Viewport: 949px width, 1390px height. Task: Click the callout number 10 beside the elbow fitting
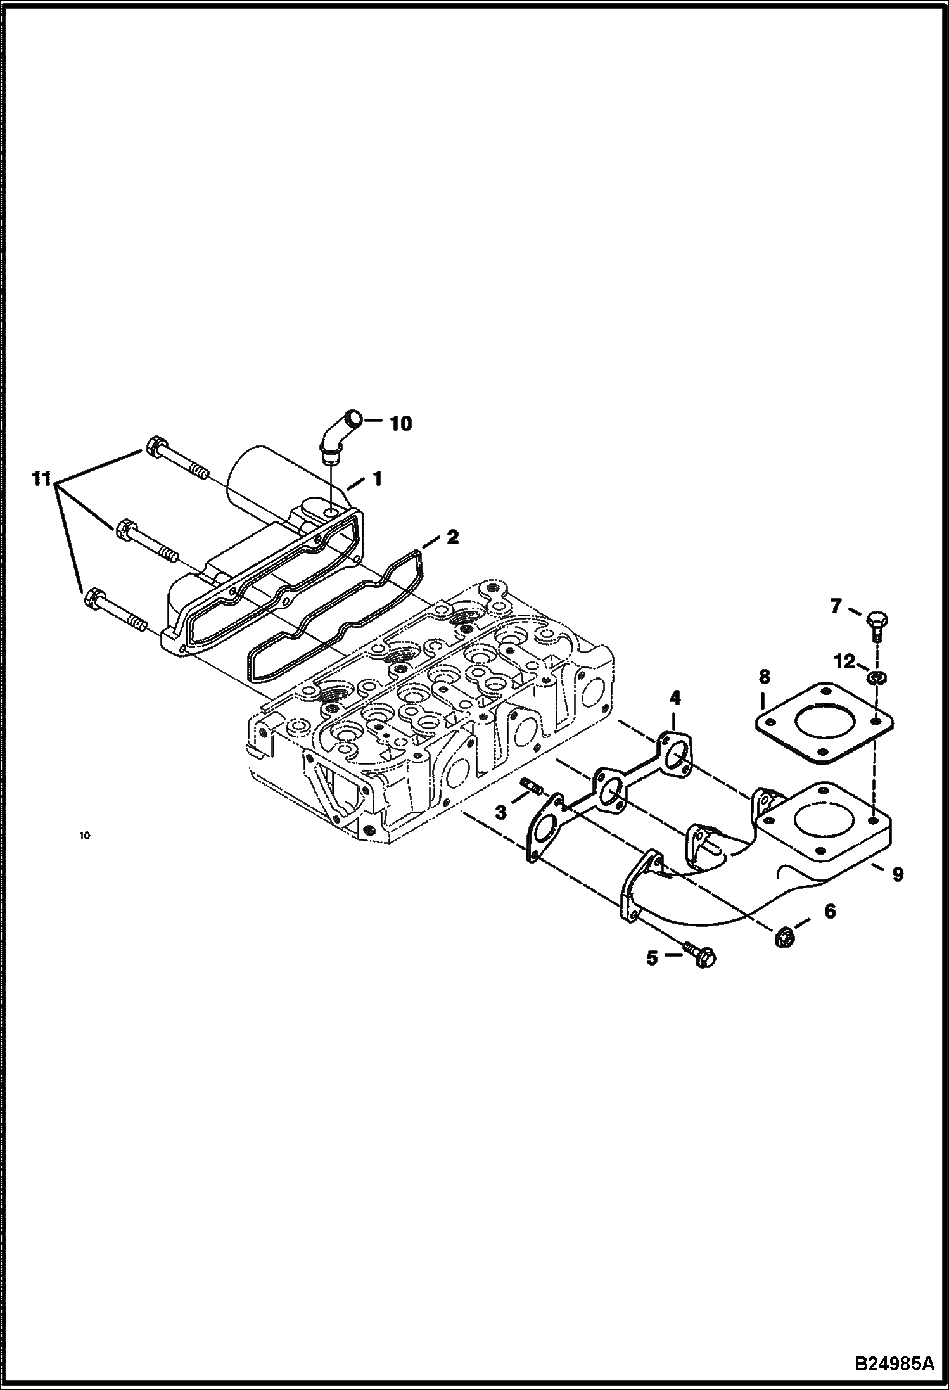point(400,423)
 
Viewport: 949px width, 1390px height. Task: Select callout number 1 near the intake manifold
point(377,479)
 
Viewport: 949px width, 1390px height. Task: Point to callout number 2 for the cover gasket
point(452,537)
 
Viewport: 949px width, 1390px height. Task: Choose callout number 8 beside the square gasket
point(764,677)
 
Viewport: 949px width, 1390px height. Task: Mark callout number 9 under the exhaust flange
point(898,875)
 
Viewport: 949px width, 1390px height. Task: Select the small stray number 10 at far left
point(85,836)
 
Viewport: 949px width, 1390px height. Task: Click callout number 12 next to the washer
point(844,661)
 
